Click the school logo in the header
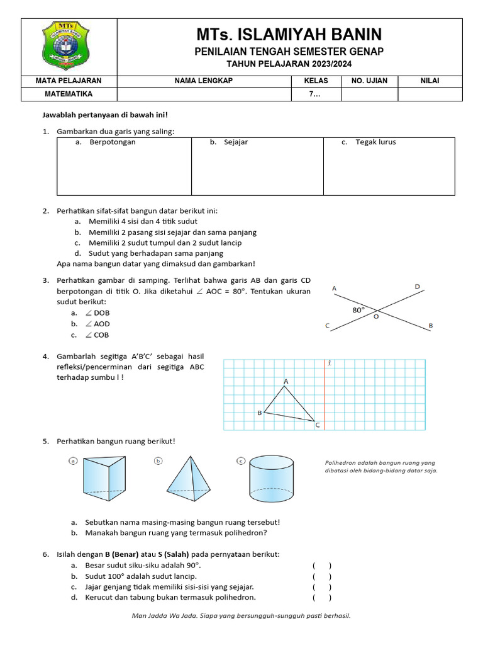(69, 46)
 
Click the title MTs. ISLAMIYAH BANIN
(289, 34)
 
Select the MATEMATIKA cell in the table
(69, 94)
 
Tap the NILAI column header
(430, 81)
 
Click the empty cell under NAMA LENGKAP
(204, 94)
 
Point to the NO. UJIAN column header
(369, 81)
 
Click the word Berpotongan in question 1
(113, 142)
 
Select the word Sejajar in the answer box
(236, 142)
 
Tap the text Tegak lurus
(375, 142)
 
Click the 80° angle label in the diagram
(358, 310)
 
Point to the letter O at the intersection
(376, 316)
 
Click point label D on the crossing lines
(418, 287)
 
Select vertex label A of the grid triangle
(286, 382)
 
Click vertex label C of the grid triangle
(318, 426)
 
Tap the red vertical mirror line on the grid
(325, 397)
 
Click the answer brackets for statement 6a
(321, 566)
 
